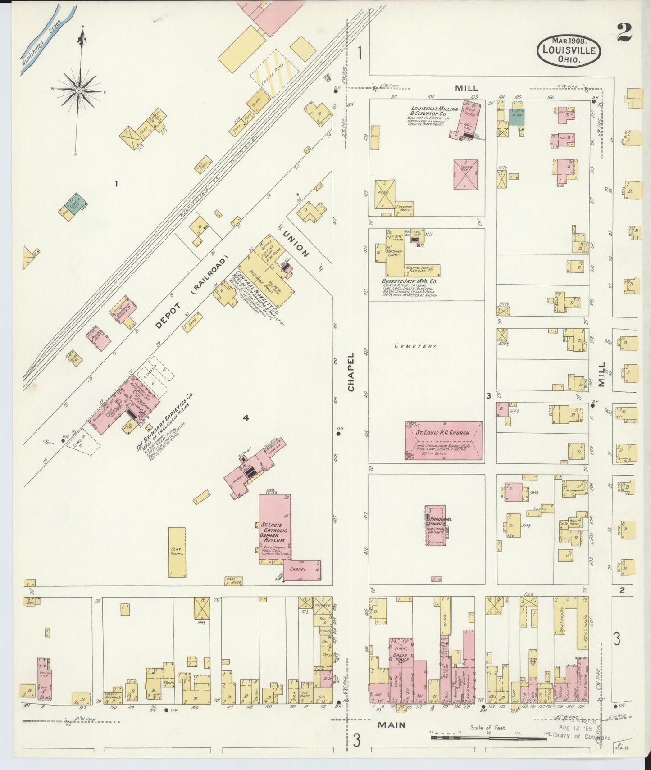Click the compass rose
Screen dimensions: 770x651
tap(79, 91)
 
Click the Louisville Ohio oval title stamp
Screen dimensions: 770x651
tap(569, 51)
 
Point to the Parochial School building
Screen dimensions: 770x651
tap(435, 525)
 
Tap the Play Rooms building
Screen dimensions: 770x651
tap(177, 552)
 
